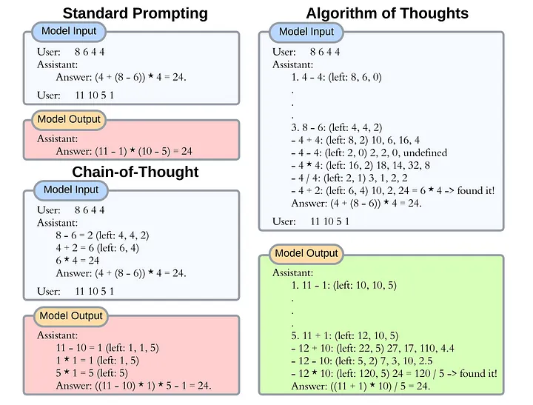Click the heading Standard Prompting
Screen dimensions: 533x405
(x=135, y=13)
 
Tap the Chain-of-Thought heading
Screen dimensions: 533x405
(x=135, y=172)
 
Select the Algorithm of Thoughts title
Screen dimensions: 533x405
(x=386, y=13)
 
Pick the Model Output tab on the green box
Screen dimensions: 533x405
(x=306, y=253)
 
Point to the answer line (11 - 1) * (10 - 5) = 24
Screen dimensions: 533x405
(x=124, y=151)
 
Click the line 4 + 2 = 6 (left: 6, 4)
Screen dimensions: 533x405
(x=98, y=248)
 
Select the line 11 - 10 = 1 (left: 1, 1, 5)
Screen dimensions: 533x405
(x=107, y=347)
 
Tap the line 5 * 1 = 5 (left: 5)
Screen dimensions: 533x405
(x=93, y=372)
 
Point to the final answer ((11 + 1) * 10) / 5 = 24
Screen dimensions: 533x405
(x=361, y=386)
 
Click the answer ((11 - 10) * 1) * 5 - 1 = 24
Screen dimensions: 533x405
(x=133, y=385)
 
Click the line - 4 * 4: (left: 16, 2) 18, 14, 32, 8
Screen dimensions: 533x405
(x=361, y=165)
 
